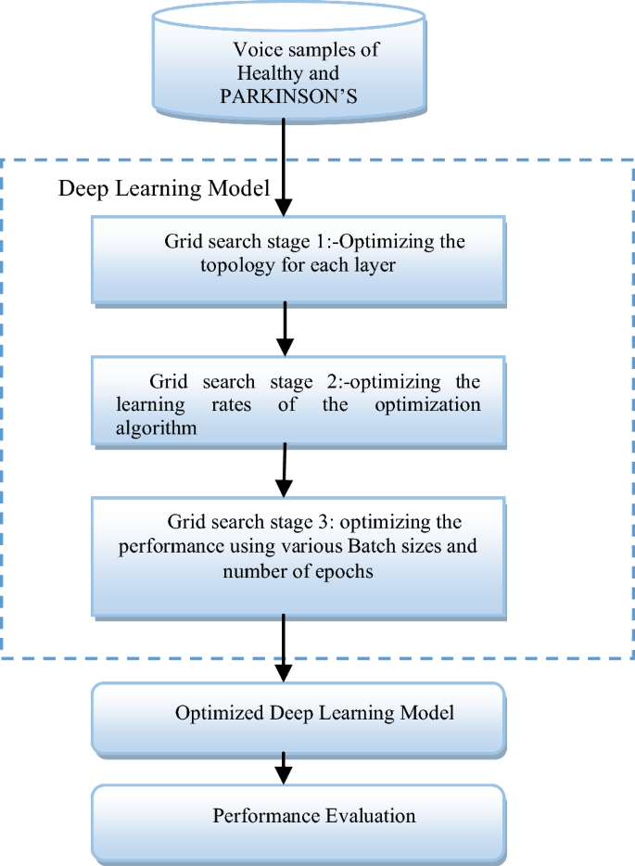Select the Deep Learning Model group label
point(164,188)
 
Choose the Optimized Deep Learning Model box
point(298,715)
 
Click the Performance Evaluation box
point(298,817)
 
